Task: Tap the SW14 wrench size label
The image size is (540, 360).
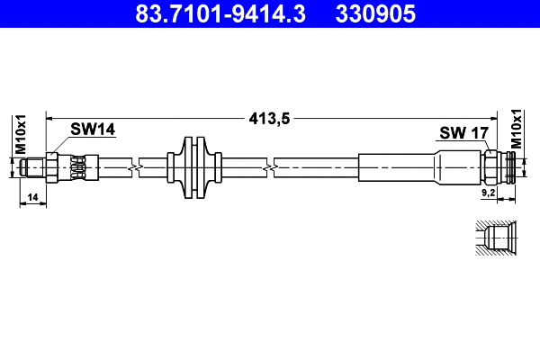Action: pyautogui.click(x=94, y=130)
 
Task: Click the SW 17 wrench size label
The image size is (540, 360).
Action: pyautogui.click(x=463, y=133)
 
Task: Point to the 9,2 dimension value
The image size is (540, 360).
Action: pyautogui.click(x=489, y=193)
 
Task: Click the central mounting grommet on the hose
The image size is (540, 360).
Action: pyautogui.click(x=194, y=167)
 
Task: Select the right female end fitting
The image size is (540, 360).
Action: pyautogui.click(x=501, y=167)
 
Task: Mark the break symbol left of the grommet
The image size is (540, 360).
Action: pyautogui.click(x=135, y=167)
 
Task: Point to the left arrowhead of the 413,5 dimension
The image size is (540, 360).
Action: pyautogui.click(x=50, y=117)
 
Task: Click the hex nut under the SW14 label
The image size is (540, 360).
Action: pyautogui.click(x=53, y=167)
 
